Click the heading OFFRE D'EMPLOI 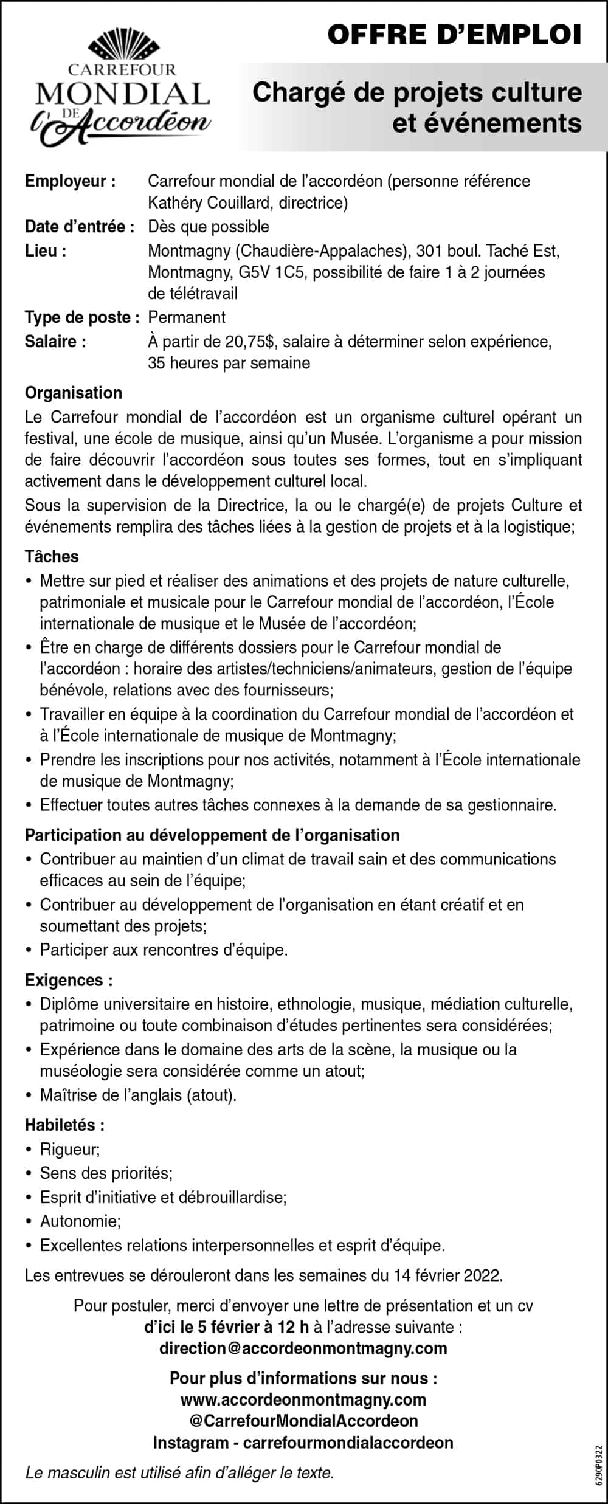454,35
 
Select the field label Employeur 70,181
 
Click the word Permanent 187,317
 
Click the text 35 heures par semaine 229,363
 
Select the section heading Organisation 74,393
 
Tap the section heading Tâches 52,556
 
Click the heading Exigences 69,980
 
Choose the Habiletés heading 64,1125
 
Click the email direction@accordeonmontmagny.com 303,1348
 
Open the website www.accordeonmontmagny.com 303,1400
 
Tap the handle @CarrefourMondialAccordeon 303,1421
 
